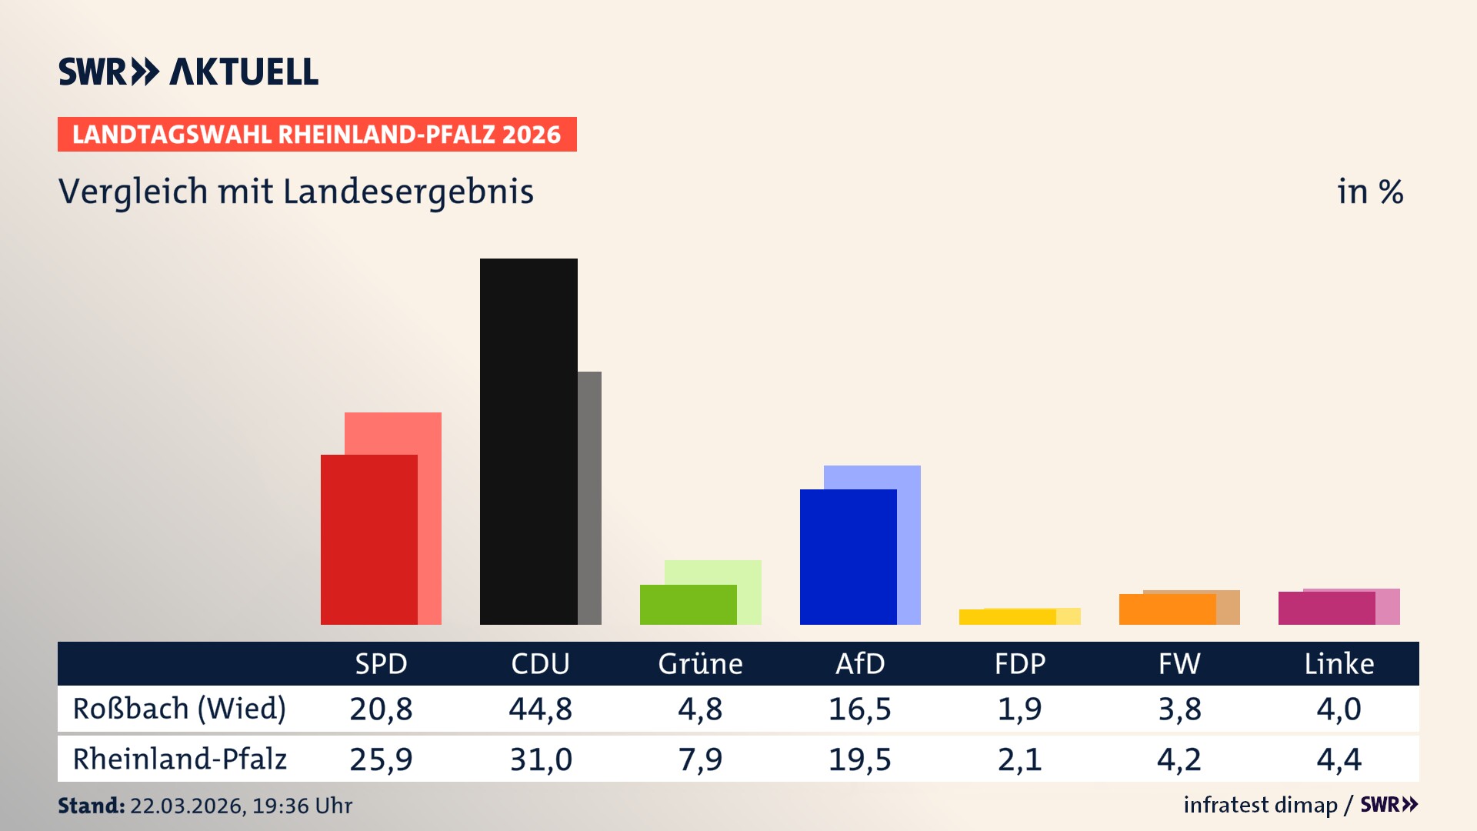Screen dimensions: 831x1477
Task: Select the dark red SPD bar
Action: click(368, 539)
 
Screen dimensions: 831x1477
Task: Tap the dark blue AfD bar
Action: click(848, 556)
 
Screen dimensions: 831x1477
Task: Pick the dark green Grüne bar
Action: click(688, 605)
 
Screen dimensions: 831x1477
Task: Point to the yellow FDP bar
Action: click(1007, 617)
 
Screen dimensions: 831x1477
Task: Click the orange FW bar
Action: click(1167, 609)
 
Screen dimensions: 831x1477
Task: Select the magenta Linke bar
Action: click(1326, 609)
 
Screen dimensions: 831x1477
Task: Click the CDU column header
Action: click(540, 663)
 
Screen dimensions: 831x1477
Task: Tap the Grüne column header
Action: click(700, 663)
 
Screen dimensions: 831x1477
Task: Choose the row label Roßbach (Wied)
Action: click(179, 709)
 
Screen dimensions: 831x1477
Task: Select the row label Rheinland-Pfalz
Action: click(179, 759)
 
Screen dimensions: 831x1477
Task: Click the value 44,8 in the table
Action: click(540, 709)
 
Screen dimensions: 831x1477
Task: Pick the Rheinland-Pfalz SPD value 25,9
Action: click(381, 759)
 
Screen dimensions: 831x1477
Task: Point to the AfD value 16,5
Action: click(859, 709)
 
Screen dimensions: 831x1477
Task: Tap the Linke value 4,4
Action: click(1339, 759)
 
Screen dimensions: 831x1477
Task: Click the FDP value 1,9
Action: click(1019, 709)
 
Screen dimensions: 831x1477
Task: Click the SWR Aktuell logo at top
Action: click(188, 72)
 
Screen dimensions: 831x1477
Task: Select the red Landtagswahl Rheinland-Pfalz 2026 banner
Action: click(317, 135)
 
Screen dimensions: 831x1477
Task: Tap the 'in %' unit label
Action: click(1369, 192)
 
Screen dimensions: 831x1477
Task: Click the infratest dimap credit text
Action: click(1260, 805)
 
